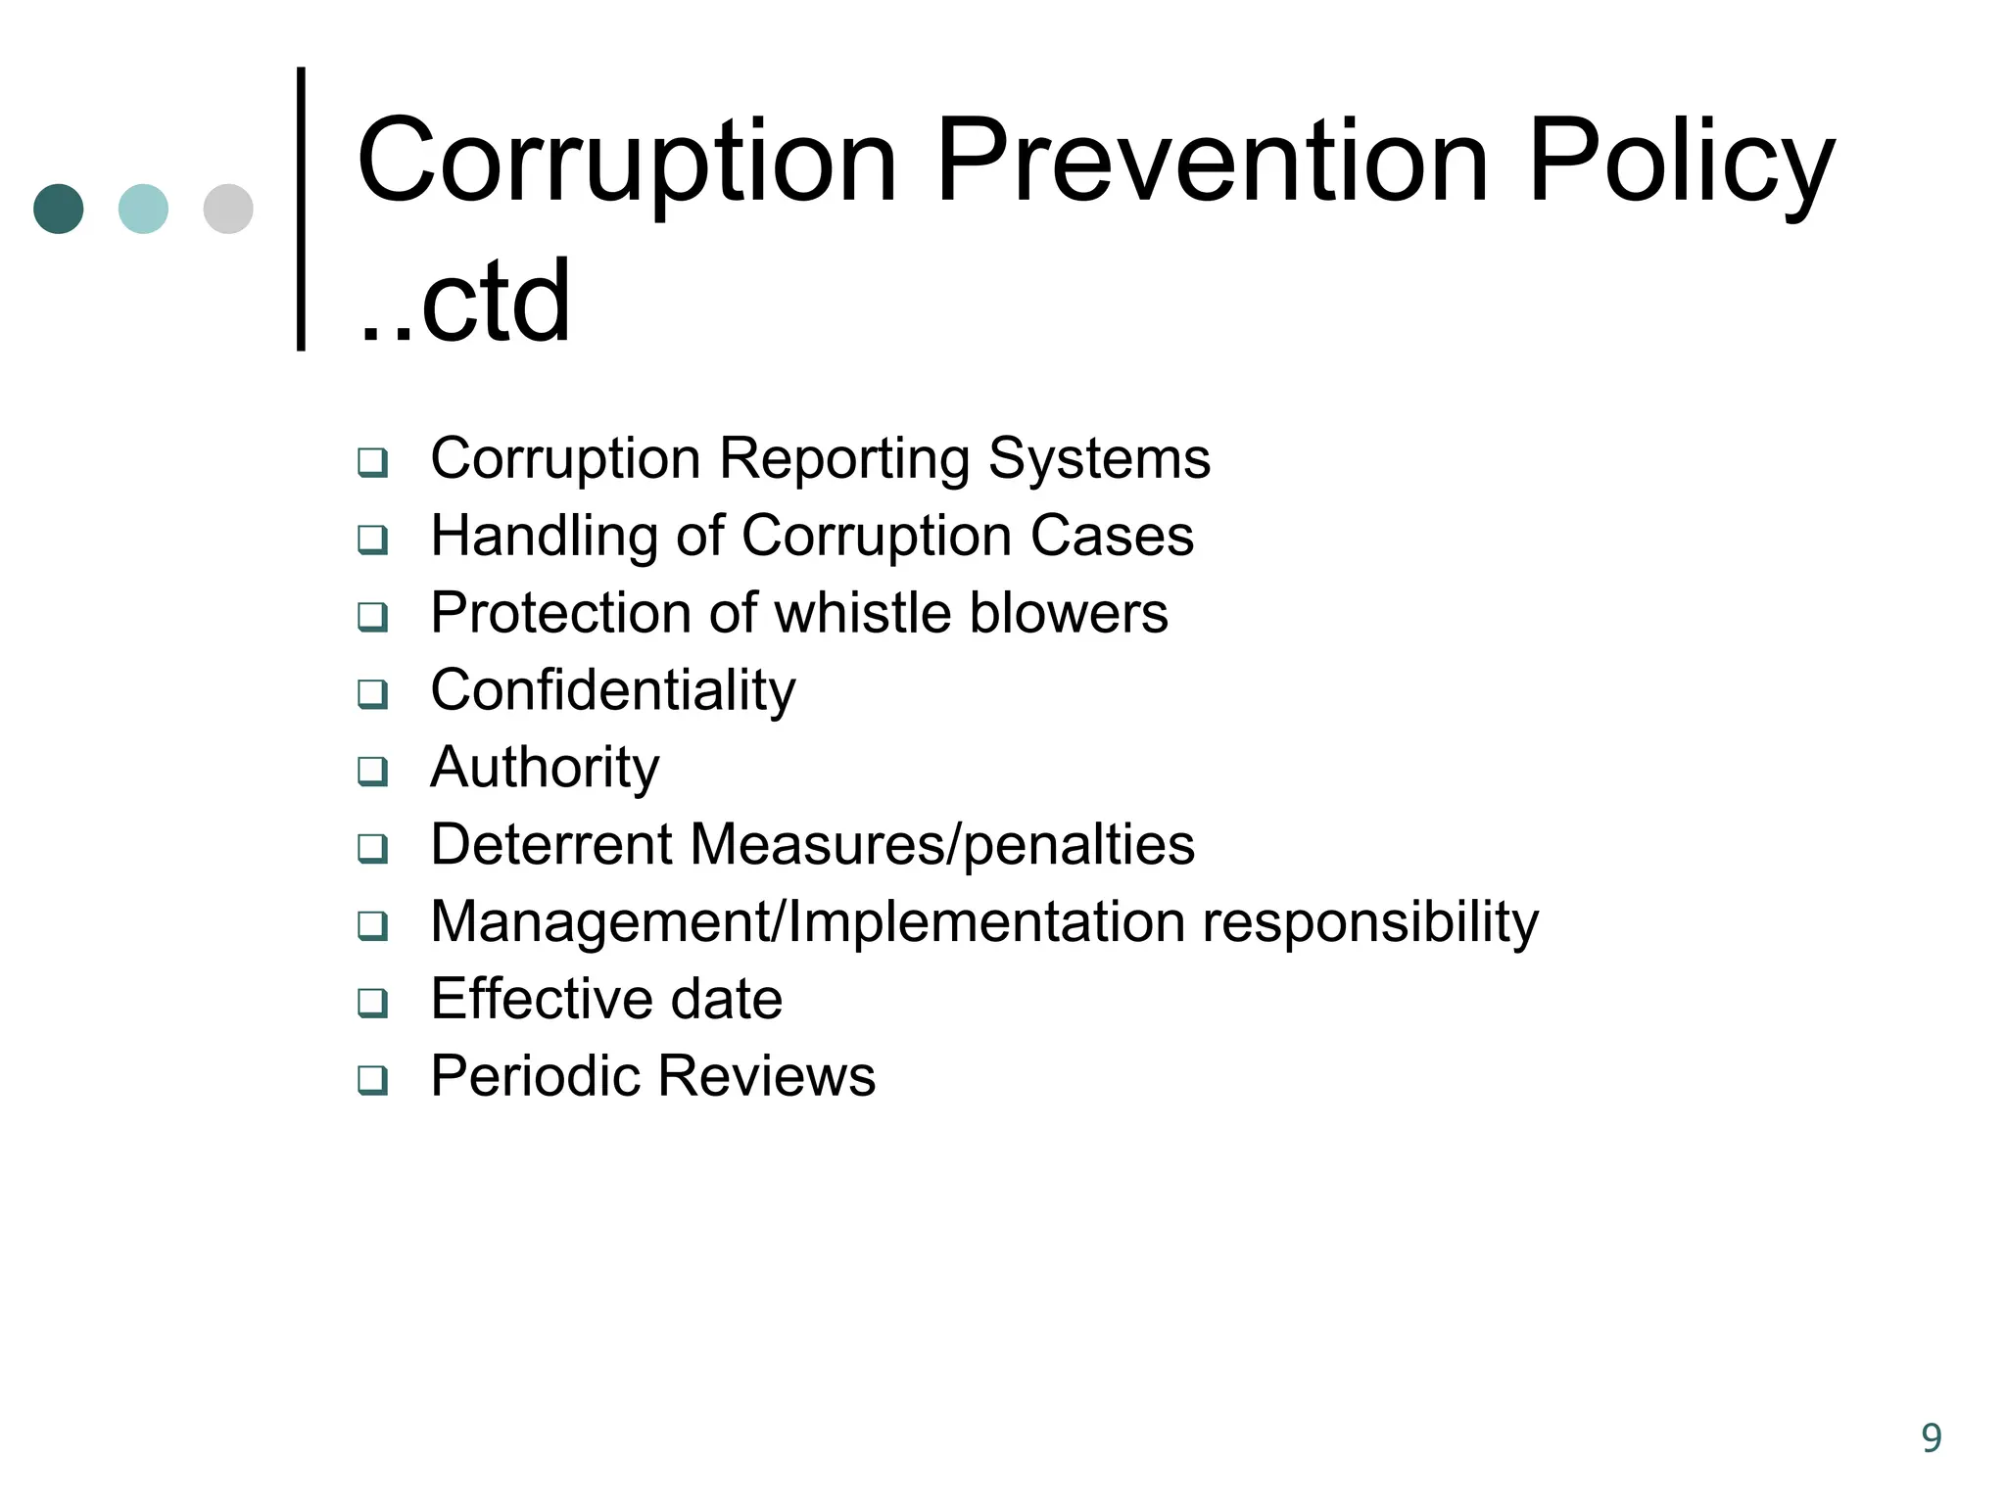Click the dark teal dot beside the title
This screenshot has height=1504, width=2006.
(59, 209)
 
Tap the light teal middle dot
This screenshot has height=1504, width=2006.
(143, 209)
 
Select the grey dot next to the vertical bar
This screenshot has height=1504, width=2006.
(228, 209)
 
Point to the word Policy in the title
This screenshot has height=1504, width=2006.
(1681, 162)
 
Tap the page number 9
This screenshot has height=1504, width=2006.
(1931, 1437)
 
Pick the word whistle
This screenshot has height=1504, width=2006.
(864, 613)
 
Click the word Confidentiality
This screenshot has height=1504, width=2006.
(613, 691)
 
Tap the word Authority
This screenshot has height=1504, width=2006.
(545, 768)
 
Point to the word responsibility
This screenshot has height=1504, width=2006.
(1370, 922)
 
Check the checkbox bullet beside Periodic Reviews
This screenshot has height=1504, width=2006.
(372, 1079)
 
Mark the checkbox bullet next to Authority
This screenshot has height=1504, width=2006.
(372, 771)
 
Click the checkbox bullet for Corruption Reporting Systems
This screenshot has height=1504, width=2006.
(372, 461)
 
